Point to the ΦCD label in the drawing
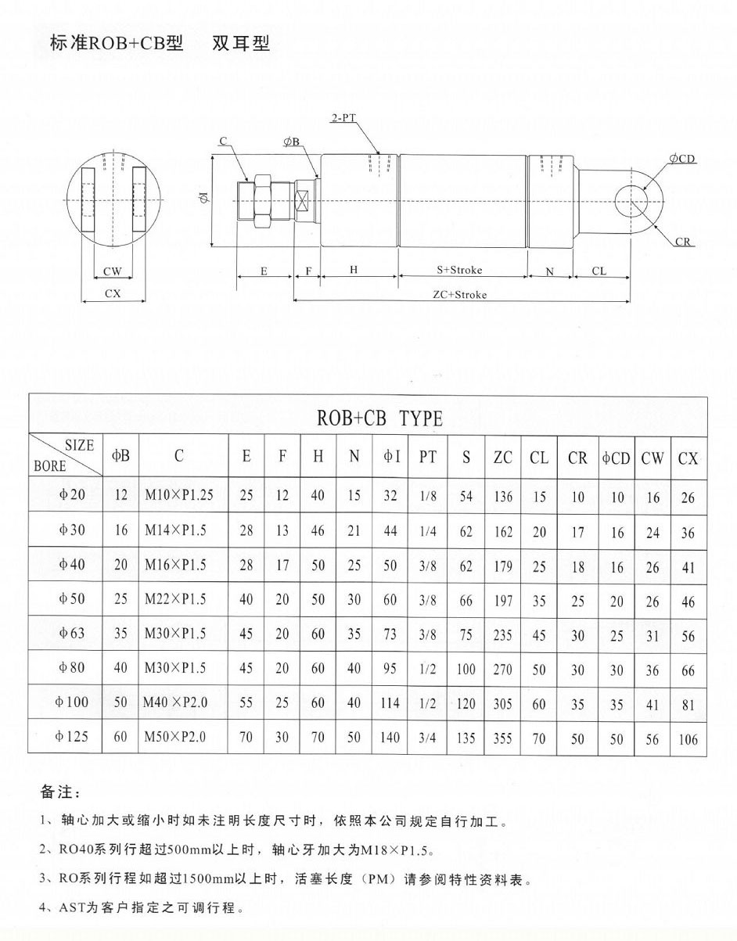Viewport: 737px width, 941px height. coord(682,160)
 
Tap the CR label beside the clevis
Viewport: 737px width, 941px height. coord(683,242)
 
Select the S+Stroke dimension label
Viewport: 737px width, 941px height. coord(460,270)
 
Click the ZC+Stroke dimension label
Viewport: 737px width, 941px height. coord(460,295)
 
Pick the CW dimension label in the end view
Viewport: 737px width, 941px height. coord(113,272)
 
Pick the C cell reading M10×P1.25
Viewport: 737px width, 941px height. coord(178,496)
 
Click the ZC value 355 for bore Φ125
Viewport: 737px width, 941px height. coord(503,737)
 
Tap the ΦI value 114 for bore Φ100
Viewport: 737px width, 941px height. coord(389,703)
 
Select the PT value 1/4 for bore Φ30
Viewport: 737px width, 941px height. coord(428,531)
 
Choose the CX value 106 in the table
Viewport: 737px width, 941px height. coord(688,738)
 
